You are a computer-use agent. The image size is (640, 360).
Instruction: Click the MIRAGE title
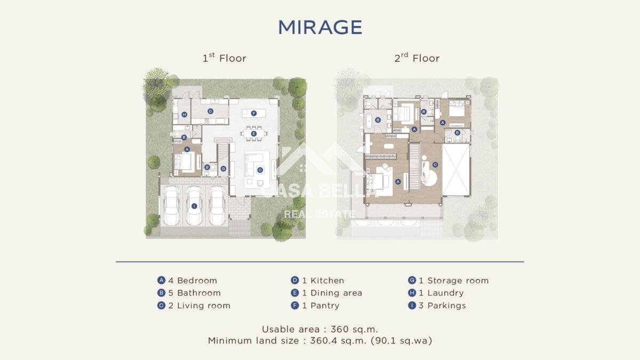[320, 27]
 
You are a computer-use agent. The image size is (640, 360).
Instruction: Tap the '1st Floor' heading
[225, 58]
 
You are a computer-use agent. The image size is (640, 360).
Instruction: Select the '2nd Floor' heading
[417, 58]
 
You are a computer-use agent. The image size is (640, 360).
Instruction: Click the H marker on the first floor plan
[185, 115]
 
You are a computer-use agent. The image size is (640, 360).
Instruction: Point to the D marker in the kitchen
[210, 111]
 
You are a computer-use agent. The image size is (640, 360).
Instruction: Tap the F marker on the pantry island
[254, 113]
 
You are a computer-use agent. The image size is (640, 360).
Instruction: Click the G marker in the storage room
[223, 169]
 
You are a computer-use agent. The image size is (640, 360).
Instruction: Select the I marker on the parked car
[194, 206]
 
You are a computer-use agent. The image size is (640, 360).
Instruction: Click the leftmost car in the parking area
[171, 205]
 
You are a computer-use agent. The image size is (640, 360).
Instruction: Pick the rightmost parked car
[217, 205]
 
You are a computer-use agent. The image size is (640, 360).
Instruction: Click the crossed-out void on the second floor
[456, 170]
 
